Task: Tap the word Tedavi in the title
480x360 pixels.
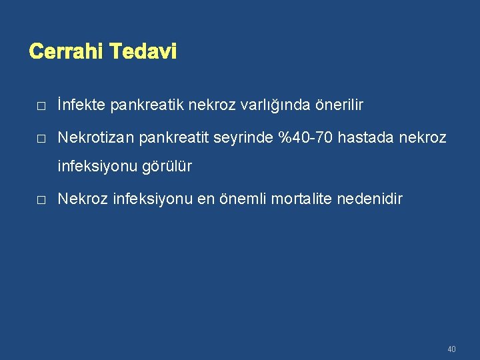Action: point(143,51)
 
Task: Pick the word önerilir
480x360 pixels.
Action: point(337,105)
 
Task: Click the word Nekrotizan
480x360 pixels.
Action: point(96,138)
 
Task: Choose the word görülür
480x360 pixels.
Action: point(167,167)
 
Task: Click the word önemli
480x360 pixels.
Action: point(245,199)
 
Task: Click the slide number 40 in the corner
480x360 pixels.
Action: point(452,349)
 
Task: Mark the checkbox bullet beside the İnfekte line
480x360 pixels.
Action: point(41,106)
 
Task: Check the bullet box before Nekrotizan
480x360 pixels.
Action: point(41,139)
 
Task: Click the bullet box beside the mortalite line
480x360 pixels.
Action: point(41,200)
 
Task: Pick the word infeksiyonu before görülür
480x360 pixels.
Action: point(97,167)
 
